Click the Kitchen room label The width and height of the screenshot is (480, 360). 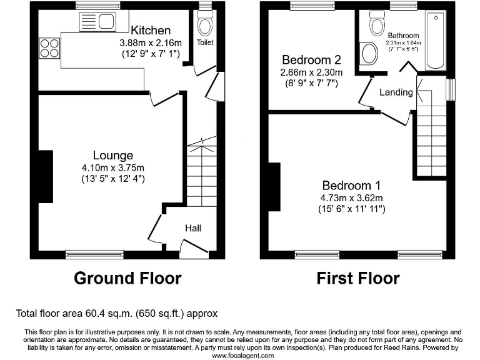[x=151, y=30]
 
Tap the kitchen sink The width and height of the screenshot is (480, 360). [x=96, y=23]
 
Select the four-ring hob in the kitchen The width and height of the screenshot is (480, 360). [x=49, y=47]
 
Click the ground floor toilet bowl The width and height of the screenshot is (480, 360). [x=204, y=26]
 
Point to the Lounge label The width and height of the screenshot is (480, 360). [x=113, y=155]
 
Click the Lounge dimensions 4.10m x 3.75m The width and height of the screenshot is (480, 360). [x=113, y=167]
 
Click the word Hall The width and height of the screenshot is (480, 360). [x=192, y=229]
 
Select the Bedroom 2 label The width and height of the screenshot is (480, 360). [x=311, y=60]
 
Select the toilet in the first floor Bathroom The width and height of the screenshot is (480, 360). [x=376, y=25]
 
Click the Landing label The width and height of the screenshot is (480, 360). [x=396, y=92]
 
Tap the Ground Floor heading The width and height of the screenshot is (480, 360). [x=127, y=277]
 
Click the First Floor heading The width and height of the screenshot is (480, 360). [x=358, y=277]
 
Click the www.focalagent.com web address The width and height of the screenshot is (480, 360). [x=243, y=355]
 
